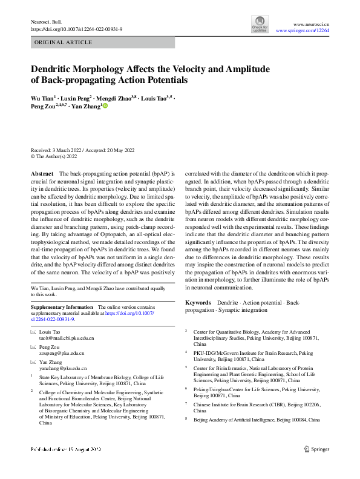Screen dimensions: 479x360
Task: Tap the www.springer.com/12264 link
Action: pyautogui.click(x=303, y=30)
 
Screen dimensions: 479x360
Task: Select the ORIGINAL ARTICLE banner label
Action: pyautogui.click(x=64, y=42)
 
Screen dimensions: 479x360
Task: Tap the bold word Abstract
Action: pyautogui.click(x=42, y=173)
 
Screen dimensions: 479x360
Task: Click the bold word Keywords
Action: pyautogui.click(x=198, y=302)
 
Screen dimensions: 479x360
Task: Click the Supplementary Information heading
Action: pyautogui.click(x=62, y=308)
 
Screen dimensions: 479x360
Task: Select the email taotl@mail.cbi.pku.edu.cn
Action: pyautogui.click(x=67, y=339)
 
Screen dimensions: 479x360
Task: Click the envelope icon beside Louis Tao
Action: pyautogui.click(x=33, y=332)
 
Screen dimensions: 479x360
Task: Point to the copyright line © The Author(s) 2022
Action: pyautogui.click(x=54, y=156)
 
